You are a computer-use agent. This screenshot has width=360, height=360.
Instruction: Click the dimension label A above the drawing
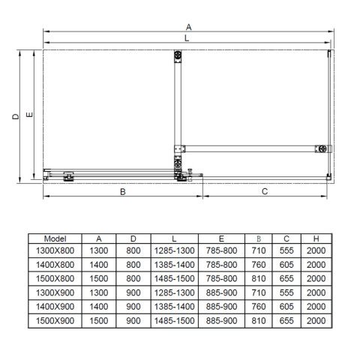(189, 27)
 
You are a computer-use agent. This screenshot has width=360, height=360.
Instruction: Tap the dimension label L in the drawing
(187, 38)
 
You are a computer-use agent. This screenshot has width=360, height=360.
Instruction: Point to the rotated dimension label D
(16, 116)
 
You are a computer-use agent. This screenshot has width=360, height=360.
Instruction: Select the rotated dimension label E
(29, 115)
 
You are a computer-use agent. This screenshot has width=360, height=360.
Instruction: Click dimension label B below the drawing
(123, 192)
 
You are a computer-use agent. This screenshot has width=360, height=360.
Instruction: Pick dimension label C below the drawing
(265, 191)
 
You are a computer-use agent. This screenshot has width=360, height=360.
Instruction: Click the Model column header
(55, 238)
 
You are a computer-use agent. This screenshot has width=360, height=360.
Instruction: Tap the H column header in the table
(316, 238)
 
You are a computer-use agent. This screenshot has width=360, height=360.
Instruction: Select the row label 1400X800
(55, 265)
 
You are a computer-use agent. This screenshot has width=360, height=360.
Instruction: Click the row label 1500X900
(55, 320)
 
